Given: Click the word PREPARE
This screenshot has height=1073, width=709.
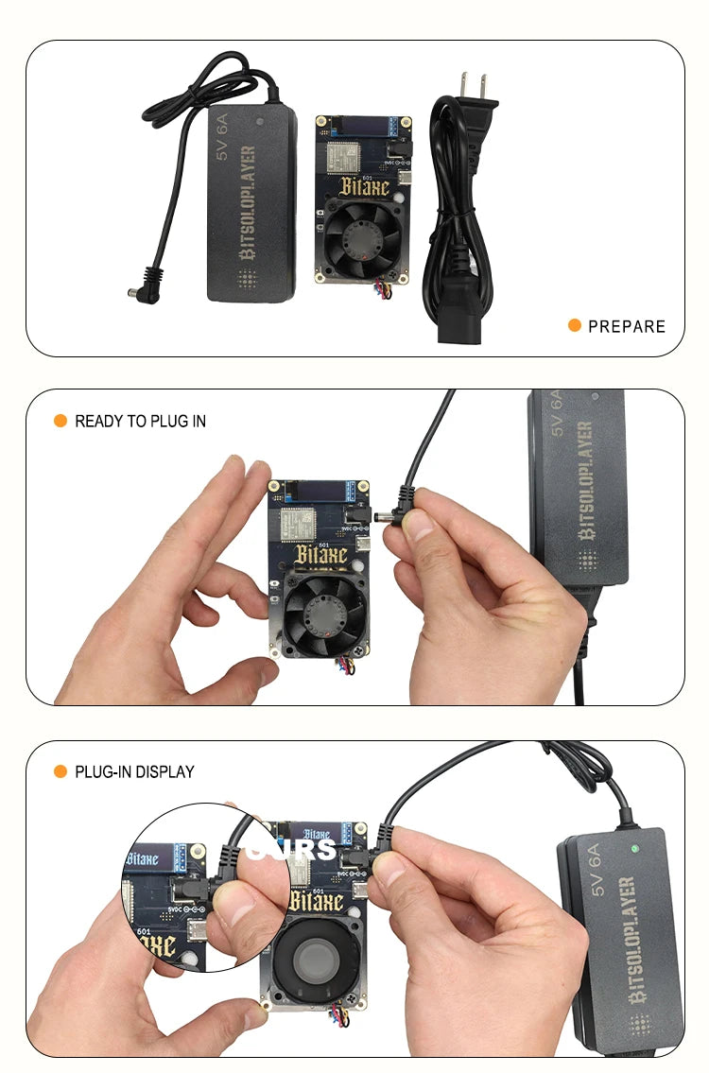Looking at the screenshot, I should tap(627, 326).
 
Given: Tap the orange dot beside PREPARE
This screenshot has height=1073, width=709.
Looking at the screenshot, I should tap(574, 325).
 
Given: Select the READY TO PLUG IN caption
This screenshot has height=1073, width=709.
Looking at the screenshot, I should tap(140, 421).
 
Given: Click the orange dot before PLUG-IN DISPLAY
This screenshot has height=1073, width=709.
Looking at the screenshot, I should tap(60, 771).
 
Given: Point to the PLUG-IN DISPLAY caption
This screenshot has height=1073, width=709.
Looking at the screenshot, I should tap(134, 771).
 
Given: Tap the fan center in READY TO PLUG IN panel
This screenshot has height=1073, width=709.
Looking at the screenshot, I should tap(324, 614).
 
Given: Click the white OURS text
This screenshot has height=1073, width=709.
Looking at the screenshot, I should tap(290, 848).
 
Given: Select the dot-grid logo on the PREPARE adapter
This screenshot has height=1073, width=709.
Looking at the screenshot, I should tap(249, 280).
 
